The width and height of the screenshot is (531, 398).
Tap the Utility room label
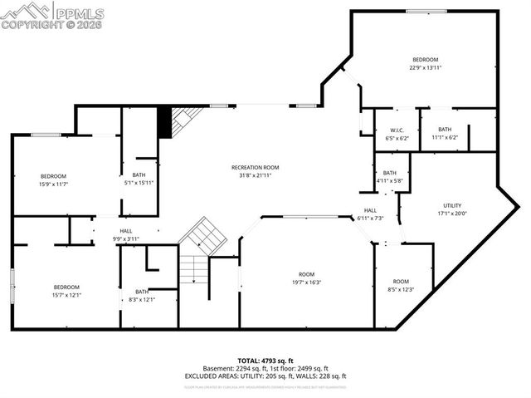click(452, 205)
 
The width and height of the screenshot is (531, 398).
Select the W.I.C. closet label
click(397, 130)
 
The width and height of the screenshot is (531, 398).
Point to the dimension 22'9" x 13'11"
click(426, 68)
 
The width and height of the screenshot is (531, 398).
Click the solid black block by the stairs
click(164, 123)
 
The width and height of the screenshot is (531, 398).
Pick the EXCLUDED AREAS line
click(265, 376)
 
